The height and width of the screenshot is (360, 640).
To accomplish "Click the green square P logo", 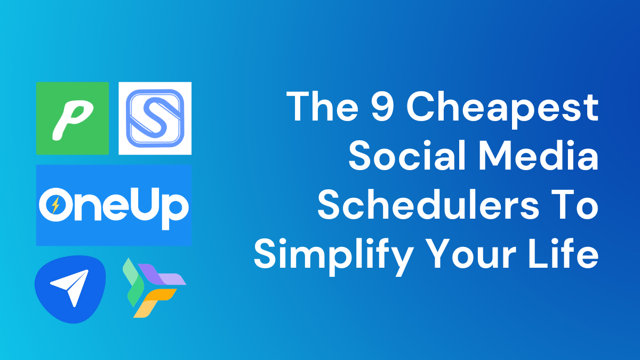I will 73,118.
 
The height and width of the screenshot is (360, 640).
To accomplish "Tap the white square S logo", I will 155,118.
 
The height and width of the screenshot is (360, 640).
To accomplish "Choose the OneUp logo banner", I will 114,205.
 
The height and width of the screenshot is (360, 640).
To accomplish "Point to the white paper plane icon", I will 69,287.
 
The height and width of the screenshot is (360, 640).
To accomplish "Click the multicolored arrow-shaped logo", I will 152,287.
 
